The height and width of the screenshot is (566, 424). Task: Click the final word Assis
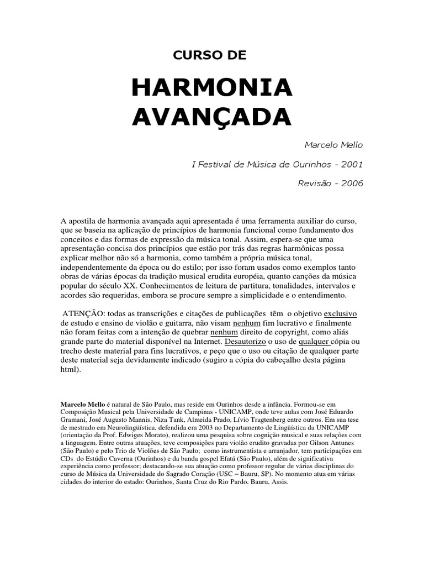coord(280,482)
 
